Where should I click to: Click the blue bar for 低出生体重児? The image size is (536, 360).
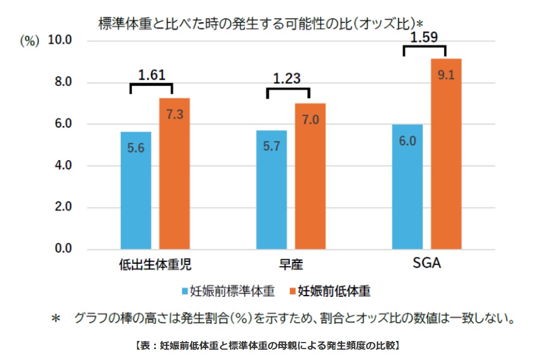136,191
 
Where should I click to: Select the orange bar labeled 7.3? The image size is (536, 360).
174,174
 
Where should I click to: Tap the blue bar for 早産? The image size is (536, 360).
271,190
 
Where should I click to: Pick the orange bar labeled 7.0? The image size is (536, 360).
310,176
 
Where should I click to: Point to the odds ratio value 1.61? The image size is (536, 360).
151,75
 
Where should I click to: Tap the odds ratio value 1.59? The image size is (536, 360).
424,38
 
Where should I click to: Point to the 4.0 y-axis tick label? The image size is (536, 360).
63,166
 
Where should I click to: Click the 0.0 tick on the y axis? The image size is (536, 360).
63,249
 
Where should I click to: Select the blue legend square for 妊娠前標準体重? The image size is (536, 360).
184,291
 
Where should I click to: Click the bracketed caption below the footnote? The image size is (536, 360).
267,345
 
